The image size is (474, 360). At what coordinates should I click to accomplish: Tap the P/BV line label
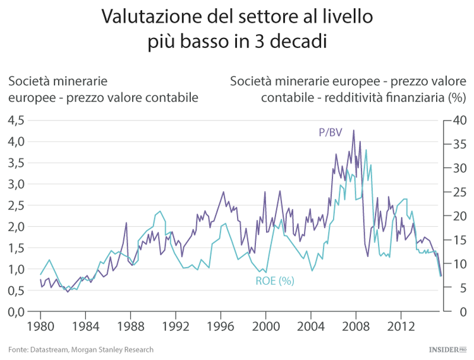pyautogui.click(x=330, y=132)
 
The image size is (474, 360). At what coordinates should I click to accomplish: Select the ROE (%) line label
pyautogui.click(x=275, y=281)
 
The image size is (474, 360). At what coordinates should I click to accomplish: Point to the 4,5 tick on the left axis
pyautogui.click(x=16, y=120)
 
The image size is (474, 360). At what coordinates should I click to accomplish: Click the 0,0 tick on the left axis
pyautogui.click(x=16, y=311)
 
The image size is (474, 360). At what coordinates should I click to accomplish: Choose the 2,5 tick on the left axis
pyautogui.click(x=16, y=205)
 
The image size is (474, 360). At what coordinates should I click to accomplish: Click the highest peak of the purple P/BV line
pyautogui.click(x=353, y=131)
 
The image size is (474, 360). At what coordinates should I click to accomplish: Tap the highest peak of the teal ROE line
pyautogui.click(x=365, y=150)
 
